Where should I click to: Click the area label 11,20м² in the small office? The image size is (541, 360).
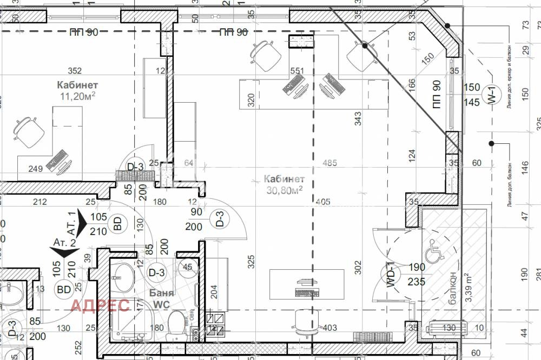tap(77, 96)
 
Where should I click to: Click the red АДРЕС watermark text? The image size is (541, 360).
tap(100, 305)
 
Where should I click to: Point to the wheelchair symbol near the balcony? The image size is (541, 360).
tap(434, 249)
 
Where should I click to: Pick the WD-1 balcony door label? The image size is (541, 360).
tap(388, 276)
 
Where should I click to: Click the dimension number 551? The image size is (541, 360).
tap(297, 70)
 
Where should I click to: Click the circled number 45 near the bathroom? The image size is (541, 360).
tap(188, 267)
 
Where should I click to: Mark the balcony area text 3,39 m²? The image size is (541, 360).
tap(469, 288)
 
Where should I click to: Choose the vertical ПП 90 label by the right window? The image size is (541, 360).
tap(437, 95)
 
